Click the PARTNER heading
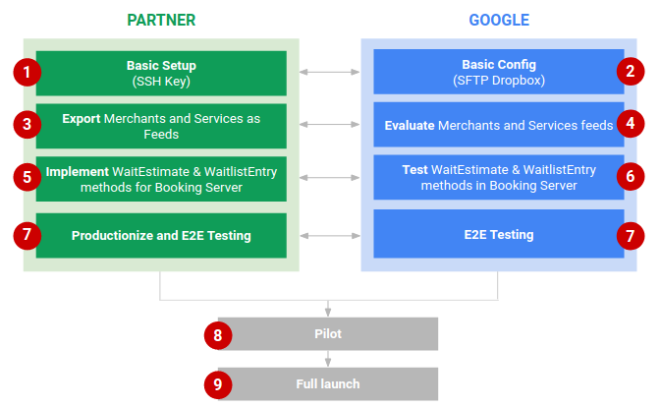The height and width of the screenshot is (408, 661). (161, 20)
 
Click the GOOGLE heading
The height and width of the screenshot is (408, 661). (498, 20)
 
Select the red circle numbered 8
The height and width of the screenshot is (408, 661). (218, 334)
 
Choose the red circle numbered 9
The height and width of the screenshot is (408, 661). (218, 383)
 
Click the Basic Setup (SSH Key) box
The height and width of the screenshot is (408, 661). (161, 72)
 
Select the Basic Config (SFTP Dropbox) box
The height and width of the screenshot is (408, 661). (498, 72)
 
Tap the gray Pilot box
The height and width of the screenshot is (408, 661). (328, 334)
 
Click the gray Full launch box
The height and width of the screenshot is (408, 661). (328, 383)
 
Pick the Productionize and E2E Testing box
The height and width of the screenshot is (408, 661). (161, 236)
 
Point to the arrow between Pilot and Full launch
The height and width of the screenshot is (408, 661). (329, 359)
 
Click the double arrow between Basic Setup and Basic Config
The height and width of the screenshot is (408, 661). (329, 72)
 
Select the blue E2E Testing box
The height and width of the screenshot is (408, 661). (498, 235)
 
